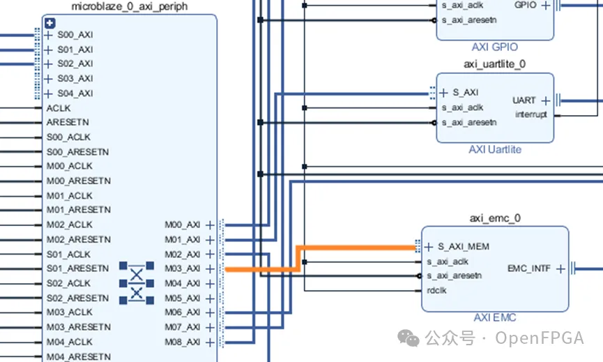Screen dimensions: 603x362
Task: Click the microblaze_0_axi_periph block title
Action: (x=130, y=6)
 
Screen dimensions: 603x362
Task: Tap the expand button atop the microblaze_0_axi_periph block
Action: (x=50, y=23)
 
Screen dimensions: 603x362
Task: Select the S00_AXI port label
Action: (x=75, y=35)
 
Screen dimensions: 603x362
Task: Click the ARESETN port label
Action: (x=68, y=122)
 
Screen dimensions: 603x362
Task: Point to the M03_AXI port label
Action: (x=182, y=269)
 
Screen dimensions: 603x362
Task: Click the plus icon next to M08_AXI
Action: (x=210, y=342)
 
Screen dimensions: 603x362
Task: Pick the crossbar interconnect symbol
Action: (x=137, y=283)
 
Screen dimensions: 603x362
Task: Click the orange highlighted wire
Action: (x=298, y=259)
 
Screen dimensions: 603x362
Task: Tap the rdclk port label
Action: (x=437, y=290)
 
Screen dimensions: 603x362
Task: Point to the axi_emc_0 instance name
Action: (x=495, y=218)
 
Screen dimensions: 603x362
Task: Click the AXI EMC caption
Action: (x=495, y=318)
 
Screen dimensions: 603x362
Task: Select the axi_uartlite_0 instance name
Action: (x=494, y=64)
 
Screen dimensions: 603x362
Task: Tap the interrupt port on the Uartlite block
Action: (x=531, y=114)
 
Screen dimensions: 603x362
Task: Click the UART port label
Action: (x=524, y=100)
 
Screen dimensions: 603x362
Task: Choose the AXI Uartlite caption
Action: (x=495, y=150)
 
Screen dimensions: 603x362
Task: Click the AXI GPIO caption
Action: (x=494, y=47)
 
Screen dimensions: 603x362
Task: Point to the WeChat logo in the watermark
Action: (x=408, y=338)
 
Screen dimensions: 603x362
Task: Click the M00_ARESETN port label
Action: (x=79, y=181)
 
